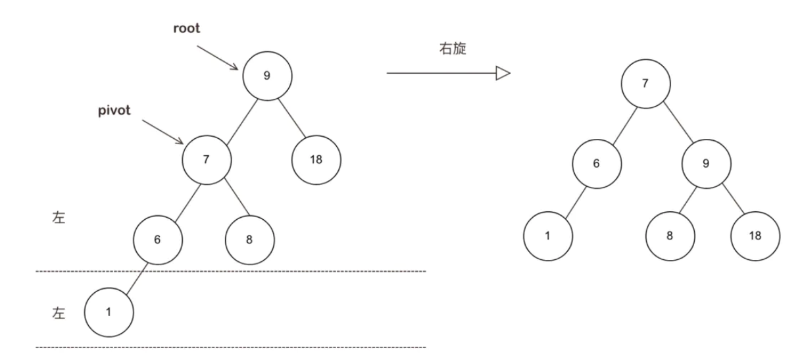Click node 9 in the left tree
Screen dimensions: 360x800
(x=266, y=75)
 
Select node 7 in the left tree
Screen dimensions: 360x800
(x=207, y=160)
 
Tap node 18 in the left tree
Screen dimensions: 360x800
(x=316, y=160)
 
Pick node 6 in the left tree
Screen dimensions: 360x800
(x=157, y=240)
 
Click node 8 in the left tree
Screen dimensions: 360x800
(x=249, y=240)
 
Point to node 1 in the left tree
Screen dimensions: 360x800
(x=109, y=311)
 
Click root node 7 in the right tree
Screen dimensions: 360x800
(x=645, y=84)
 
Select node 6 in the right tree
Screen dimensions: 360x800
(x=596, y=164)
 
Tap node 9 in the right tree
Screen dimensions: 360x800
(x=706, y=164)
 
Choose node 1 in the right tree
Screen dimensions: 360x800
(x=547, y=235)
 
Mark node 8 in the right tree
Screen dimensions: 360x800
(x=670, y=235)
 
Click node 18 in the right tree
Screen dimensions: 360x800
(x=756, y=235)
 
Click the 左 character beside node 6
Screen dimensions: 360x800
(x=59, y=219)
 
